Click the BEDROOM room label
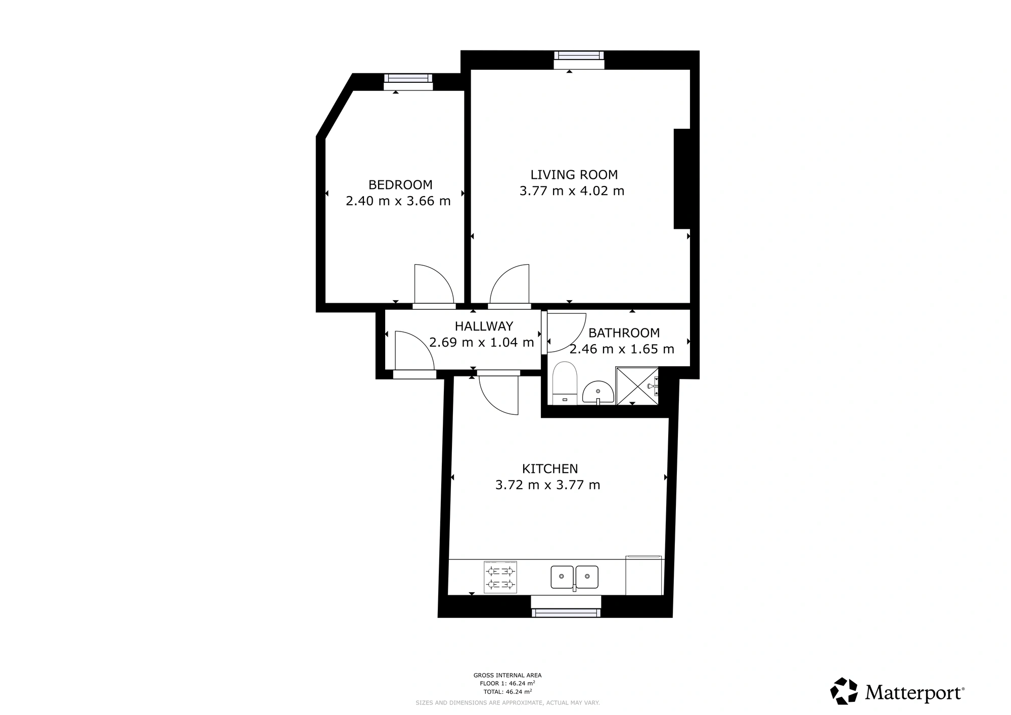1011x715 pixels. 400,185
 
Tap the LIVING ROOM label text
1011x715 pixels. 574,175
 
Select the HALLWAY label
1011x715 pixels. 484,326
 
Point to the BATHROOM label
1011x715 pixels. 624,333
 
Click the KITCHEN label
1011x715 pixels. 550,469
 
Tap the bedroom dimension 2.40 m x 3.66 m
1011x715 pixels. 398,201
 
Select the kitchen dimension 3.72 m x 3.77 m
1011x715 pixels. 548,485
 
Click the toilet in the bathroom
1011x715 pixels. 565,383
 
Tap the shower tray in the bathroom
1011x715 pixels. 637,386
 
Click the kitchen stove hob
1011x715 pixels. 500,577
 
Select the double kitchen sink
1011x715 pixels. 575,578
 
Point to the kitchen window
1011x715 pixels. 566,613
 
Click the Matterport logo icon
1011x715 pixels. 844,691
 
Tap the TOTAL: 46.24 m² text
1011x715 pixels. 508,692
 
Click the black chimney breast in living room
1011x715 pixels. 682,179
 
